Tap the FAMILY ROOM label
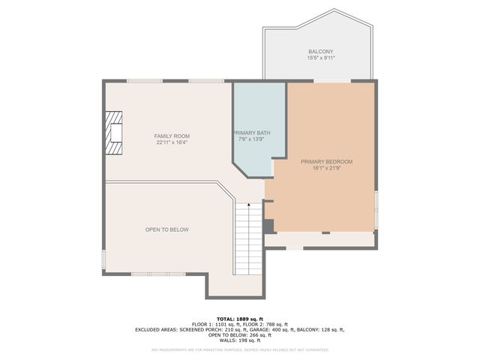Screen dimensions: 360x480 point(166,136)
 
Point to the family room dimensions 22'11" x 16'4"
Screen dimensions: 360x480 point(166,142)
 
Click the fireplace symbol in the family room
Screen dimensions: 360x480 point(112,133)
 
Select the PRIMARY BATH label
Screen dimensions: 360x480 point(251,133)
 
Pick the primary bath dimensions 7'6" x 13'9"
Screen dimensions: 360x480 point(251,139)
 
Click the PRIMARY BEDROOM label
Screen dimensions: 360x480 point(326,161)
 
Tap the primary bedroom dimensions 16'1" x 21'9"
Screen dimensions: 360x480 point(326,167)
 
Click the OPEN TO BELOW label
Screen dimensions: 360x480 point(166,229)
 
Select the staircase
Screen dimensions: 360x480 point(248,238)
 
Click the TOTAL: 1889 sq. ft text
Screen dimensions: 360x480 point(240,319)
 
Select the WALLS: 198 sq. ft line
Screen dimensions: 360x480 point(240,340)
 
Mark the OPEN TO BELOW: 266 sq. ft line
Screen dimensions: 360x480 point(240,334)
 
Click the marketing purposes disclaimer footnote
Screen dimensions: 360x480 point(240,349)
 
